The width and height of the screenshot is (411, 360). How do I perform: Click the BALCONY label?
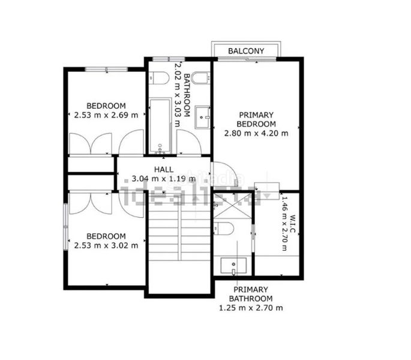pyautogui.click(x=246, y=51)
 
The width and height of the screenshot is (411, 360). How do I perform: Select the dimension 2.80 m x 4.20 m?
pyautogui.click(x=256, y=133)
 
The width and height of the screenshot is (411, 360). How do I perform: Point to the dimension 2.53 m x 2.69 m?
pyautogui.click(x=106, y=115)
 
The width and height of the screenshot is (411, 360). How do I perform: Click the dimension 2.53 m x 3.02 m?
pyautogui.click(x=106, y=245)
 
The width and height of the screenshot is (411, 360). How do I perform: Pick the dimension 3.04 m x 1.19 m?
pyautogui.click(x=164, y=179)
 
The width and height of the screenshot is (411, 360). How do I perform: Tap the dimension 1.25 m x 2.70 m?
pyautogui.click(x=251, y=308)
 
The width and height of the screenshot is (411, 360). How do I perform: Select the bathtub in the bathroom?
pyautogui.click(x=160, y=125)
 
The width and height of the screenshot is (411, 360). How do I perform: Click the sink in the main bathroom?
pyautogui.click(x=202, y=117)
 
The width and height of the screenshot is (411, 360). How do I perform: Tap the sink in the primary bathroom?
pyautogui.click(x=233, y=266)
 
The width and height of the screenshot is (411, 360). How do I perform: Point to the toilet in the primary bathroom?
pyautogui.click(x=223, y=229)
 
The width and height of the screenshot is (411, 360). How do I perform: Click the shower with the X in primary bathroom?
pyautogui.click(x=233, y=206)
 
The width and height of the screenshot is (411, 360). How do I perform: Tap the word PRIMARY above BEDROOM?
pyautogui.click(x=253, y=115)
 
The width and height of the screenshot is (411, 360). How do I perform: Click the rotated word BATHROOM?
pyautogui.click(x=187, y=95)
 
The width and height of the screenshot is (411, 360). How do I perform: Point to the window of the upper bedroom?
pyautogui.click(x=107, y=69)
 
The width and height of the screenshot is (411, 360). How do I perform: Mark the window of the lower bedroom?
pyautogui.click(x=66, y=227)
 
